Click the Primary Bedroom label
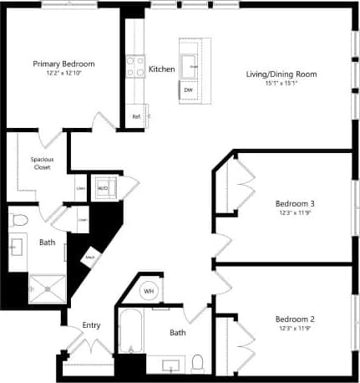63,64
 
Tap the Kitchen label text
161,69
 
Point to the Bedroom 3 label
295,203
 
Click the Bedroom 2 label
295,318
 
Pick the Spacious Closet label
42,163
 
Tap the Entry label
92,325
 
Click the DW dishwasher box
188,89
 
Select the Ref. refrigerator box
136,116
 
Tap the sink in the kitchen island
191,61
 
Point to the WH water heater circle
150,290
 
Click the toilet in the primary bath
21,220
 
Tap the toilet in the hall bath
198,362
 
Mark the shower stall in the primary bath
46,287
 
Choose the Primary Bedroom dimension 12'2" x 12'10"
63,73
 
